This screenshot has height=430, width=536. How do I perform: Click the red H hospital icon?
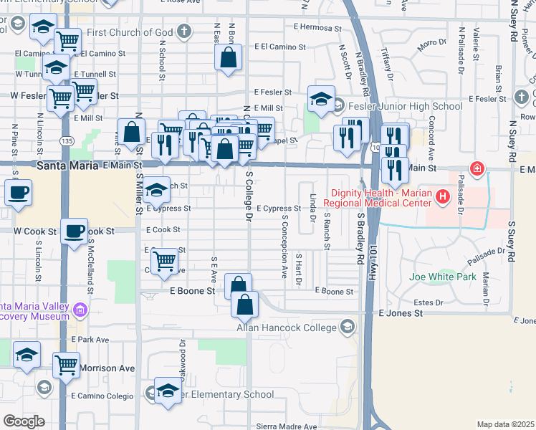click(443, 195)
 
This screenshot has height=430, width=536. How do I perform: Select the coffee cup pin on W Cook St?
click(73, 231)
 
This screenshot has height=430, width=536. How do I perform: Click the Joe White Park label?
click(442, 277)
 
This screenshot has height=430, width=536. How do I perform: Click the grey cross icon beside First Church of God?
click(184, 32)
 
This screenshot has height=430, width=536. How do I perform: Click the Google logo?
click(24, 421)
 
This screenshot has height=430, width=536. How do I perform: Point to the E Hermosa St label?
click(318, 27)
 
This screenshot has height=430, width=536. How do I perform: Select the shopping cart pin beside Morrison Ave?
click(66, 365)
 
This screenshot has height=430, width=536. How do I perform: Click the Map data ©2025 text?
click(505, 424)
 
